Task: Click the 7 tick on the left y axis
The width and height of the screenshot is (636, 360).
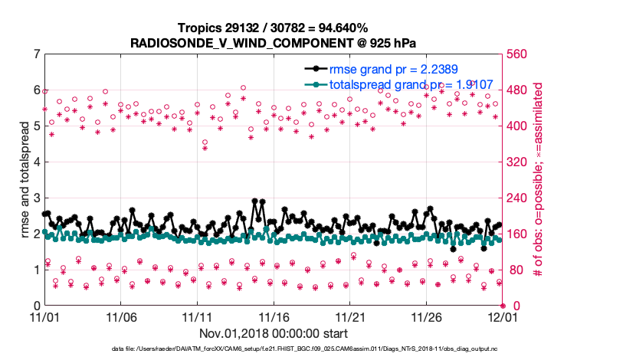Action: pyautogui.click(x=36, y=54)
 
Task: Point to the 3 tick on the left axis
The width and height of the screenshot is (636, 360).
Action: pyautogui.click(x=36, y=198)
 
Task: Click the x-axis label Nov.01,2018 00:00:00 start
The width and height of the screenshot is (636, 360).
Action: pyautogui.click(x=273, y=333)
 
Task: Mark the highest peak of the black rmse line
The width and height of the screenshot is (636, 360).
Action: pyautogui.click(x=254, y=201)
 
